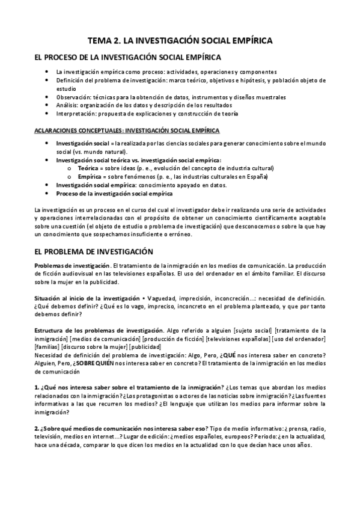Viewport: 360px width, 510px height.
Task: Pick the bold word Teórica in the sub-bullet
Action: tap(89, 169)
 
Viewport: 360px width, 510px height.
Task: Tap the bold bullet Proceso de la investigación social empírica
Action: tap(114, 194)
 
